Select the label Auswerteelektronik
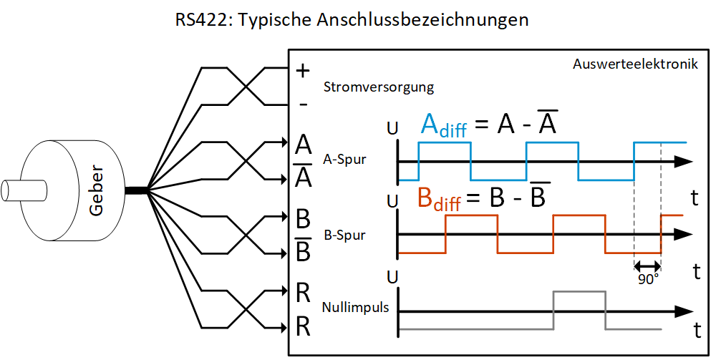pos(635,64)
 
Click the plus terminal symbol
pos(303,70)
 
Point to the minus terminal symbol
pos(303,104)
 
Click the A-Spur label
pos(345,159)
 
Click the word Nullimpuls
pos(356,308)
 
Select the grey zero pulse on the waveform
pos(579,293)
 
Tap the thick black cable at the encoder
pos(136,190)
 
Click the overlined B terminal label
pos(304,250)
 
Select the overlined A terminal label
pos(304,175)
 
